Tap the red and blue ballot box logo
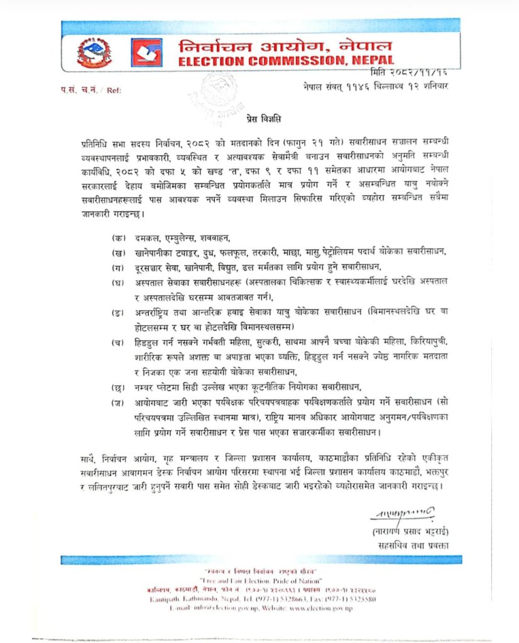pos(146,53)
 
